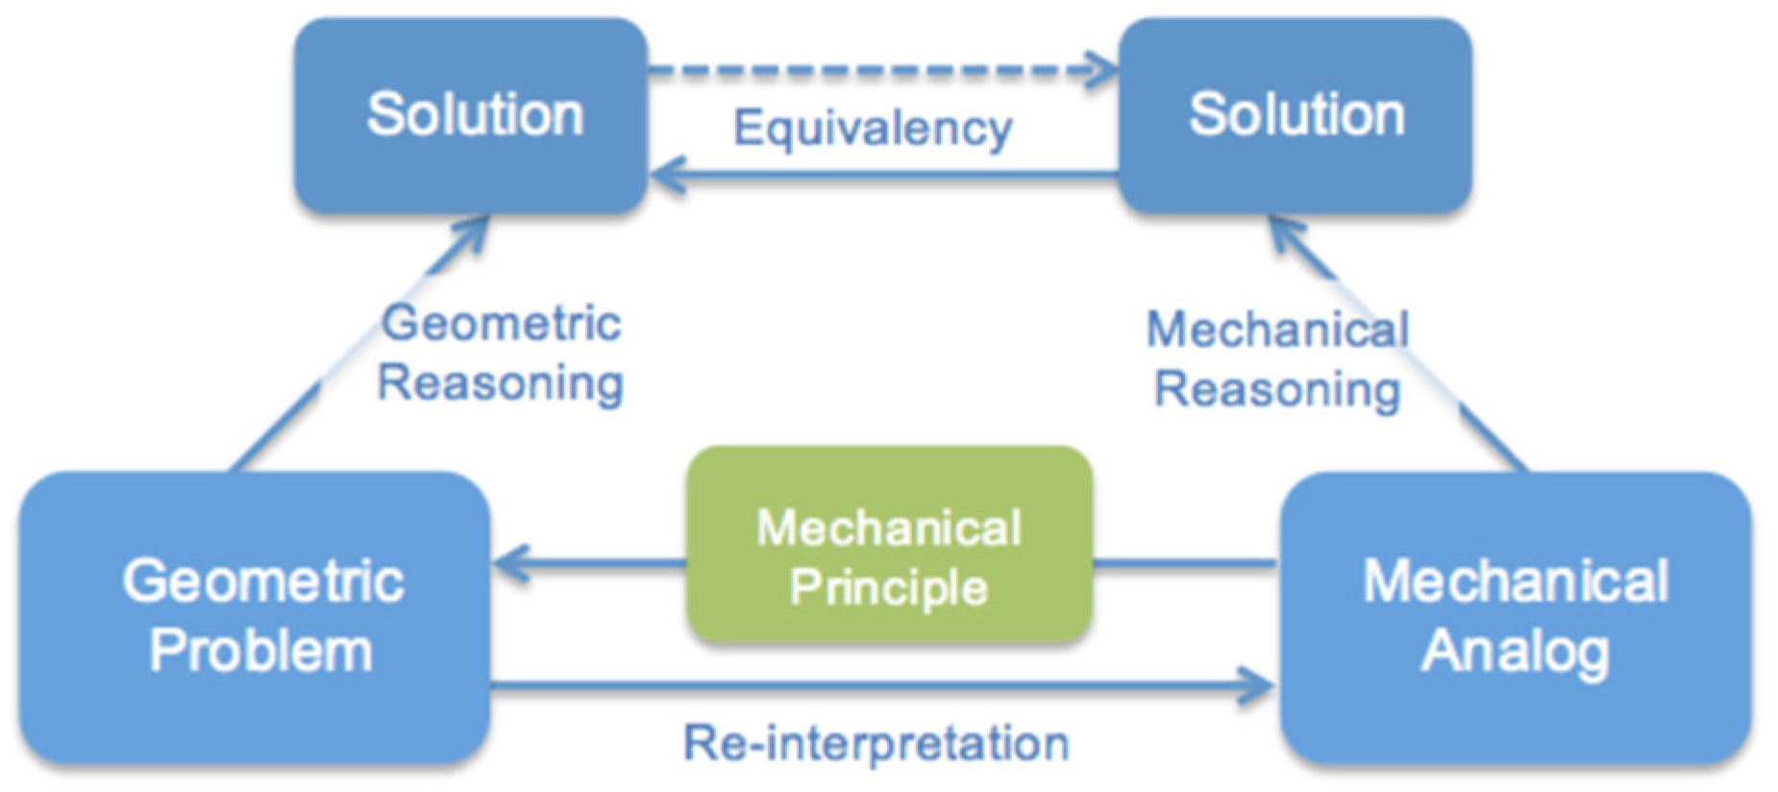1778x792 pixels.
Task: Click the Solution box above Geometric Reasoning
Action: [471, 115]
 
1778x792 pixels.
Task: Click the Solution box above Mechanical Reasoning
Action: [1295, 115]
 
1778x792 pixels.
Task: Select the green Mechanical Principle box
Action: [889, 544]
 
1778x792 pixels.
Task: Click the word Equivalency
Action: [872, 128]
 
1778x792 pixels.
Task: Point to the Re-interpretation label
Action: [876, 743]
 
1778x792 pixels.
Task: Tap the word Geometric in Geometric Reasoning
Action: [501, 322]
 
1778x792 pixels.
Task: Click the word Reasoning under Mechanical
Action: [1277, 390]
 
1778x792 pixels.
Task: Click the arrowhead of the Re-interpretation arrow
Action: [1259, 685]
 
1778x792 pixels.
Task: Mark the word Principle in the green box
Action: [889, 586]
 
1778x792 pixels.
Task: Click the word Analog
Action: [1515, 652]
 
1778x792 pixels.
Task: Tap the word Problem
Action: [260, 651]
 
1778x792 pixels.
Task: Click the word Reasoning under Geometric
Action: [501, 384]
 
